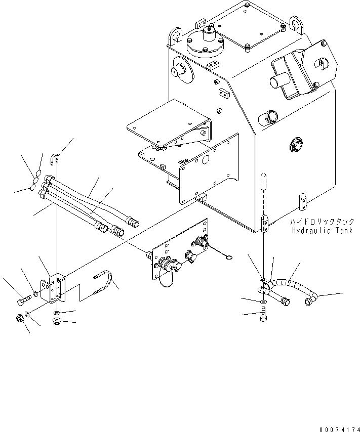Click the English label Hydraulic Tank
(322, 230)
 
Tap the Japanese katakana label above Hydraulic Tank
(322, 222)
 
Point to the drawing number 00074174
(339, 429)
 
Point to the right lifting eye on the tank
(296, 24)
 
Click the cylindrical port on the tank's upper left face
(180, 71)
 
